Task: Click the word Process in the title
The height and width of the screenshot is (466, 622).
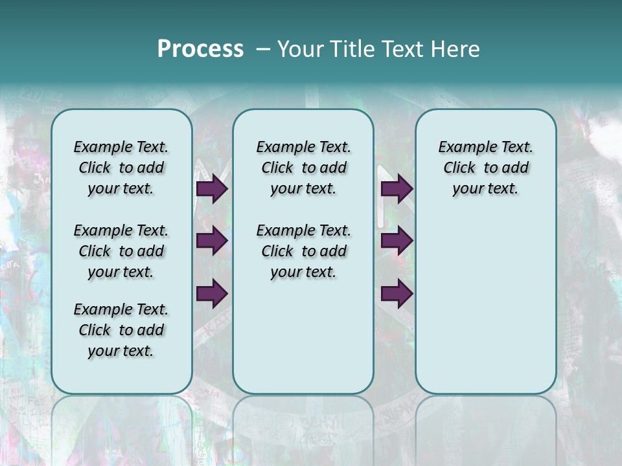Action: pyautogui.click(x=200, y=49)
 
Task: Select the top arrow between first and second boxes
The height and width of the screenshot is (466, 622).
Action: pyautogui.click(x=212, y=189)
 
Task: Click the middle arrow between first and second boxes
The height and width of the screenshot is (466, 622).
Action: pyautogui.click(x=212, y=241)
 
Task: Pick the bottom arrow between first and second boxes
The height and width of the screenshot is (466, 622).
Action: pyautogui.click(x=212, y=294)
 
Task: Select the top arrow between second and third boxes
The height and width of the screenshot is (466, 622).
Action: pyautogui.click(x=397, y=189)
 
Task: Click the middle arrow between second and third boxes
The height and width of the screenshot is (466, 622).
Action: pyautogui.click(x=397, y=241)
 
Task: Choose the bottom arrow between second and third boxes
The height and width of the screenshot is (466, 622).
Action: pyautogui.click(x=397, y=294)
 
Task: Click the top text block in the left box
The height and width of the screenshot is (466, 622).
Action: pyautogui.click(x=121, y=168)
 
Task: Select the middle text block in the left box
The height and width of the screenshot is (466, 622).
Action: pyautogui.click(x=121, y=251)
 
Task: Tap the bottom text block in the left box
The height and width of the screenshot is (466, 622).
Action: pyautogui.click(x=121, y=330)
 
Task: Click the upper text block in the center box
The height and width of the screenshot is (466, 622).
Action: pyautogui.click(x=303, y=168)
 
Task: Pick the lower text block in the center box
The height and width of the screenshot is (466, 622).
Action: pyautogui.click(x=303, y=251)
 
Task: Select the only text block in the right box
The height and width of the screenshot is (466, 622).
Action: pyautogui.click(x=485, y=168)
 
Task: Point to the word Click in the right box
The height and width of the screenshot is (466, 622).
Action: pyautogui.click(x=459, y=168)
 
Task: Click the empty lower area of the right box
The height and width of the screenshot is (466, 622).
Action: pyautogui.click(x=485, y=304)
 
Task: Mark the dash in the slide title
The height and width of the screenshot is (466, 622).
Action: pyautogui.click(x=263, y=49)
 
